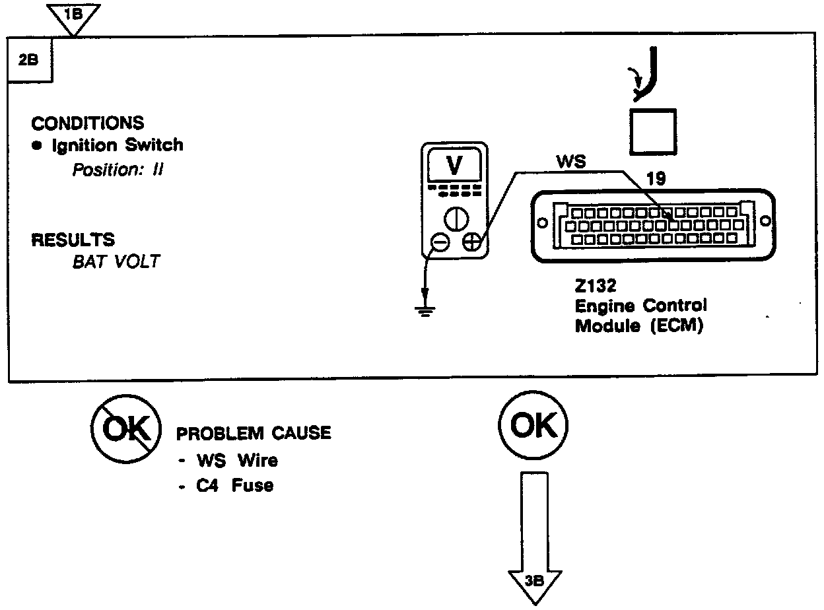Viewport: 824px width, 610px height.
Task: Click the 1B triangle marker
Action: [74, 15]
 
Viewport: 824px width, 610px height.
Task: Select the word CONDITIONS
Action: [88, 123]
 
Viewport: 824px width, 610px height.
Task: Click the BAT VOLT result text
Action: [116, 261]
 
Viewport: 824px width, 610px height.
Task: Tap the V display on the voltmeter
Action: [455, 166]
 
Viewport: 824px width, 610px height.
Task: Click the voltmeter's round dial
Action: [455, 218]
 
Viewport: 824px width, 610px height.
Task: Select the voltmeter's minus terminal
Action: [440, 243]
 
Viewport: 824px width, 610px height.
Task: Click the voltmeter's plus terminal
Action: [471, 243]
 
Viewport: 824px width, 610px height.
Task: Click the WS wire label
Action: [571, 162]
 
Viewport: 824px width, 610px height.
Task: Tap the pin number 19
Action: [656, 178]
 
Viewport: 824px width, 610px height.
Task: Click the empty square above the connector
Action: [652, 131]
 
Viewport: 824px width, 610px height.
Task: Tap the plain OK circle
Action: [534, 426]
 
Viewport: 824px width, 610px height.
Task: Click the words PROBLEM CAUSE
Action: [254, 433]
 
